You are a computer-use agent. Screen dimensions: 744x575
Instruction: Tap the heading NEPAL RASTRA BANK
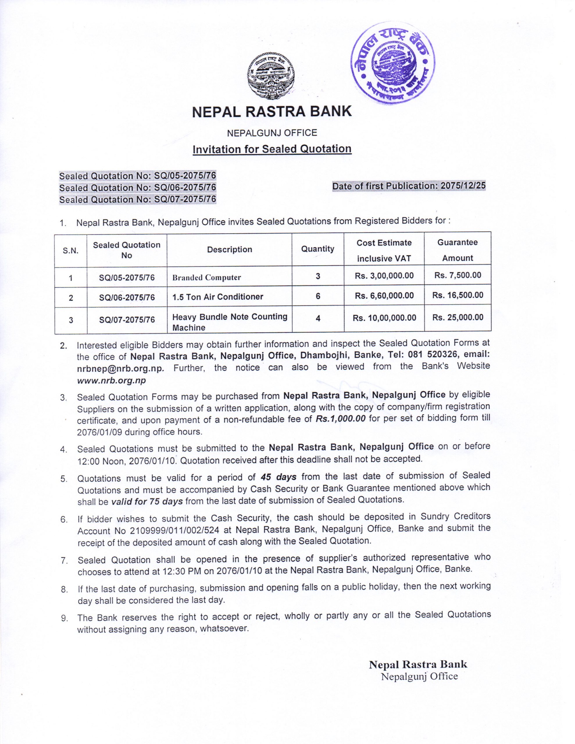272,112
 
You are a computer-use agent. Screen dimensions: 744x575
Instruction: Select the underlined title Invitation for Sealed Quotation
272,149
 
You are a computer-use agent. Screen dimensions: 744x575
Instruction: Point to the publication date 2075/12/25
463,186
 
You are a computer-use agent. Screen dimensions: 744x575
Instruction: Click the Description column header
229,250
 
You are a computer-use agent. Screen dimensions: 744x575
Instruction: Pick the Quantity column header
317,249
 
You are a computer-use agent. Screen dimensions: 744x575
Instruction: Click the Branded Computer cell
207,278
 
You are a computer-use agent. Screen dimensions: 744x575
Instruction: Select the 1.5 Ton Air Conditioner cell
218,297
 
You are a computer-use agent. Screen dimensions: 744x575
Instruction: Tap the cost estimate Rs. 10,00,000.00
384,318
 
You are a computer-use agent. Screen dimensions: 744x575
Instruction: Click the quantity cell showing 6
318,296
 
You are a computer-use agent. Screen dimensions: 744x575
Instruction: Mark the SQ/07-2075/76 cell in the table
127,319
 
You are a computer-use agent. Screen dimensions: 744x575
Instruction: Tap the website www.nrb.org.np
111,380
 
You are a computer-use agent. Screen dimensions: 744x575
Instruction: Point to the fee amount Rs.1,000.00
340,419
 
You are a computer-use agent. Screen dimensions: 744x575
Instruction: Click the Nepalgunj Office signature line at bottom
419,667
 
